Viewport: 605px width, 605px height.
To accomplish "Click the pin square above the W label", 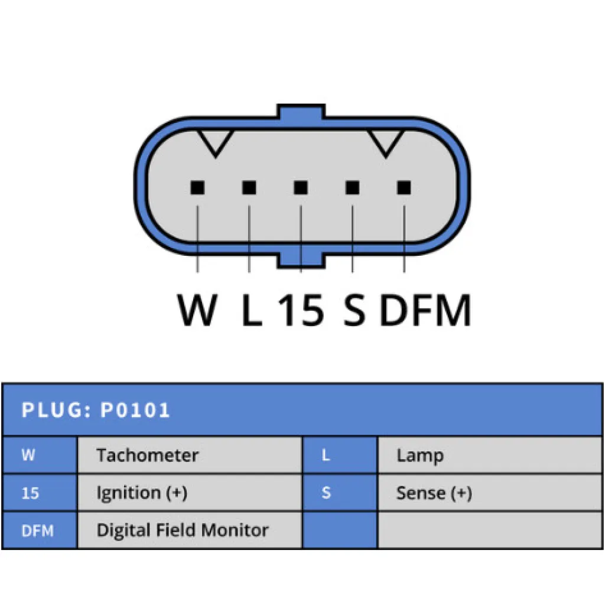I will point(197,188).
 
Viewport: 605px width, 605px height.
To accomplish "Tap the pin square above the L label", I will point(249,188).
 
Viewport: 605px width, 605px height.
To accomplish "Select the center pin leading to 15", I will point(301,188).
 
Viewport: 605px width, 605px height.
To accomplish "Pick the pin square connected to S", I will point(352,188).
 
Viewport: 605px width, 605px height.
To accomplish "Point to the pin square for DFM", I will point(404,188).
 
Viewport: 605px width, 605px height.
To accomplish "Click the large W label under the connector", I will point(197,310).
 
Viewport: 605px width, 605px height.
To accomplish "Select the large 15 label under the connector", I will point(301,310).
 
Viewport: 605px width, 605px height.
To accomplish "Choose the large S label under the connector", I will point(354,310).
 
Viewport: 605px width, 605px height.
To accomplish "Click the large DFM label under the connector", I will point(425,310).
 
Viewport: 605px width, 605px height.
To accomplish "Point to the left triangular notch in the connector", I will point(216,142).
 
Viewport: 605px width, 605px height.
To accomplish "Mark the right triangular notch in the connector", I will point(386,142).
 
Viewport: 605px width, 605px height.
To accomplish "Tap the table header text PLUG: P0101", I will point(96,410).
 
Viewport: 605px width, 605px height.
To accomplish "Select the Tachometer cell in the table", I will point(148,456).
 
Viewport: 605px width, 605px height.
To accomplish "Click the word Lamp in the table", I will point(419,456).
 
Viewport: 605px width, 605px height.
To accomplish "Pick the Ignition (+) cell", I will point(142,493).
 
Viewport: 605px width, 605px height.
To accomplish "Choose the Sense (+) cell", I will point(434,493).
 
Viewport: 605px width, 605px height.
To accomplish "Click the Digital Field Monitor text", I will point(183,530).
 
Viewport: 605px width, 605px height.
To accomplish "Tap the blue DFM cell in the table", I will point(38,531).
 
